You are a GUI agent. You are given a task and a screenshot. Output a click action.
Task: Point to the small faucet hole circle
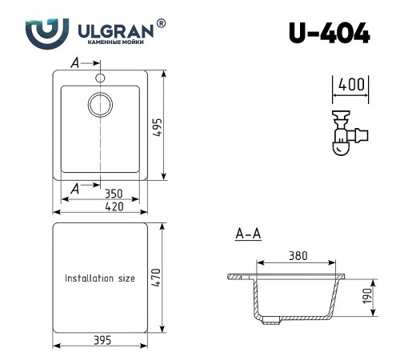pos(101,78)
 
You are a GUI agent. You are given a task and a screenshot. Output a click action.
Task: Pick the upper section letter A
pos(75,62)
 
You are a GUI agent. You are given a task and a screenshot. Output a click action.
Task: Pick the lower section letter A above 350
pos(75,188)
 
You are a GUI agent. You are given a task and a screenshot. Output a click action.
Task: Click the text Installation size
pos(100,278)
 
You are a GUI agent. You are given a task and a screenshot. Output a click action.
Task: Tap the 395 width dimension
pos(102,341)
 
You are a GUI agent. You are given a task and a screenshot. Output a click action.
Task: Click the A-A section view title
pos(248,234)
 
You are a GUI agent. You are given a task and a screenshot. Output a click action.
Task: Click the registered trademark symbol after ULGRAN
pos(162,25)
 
